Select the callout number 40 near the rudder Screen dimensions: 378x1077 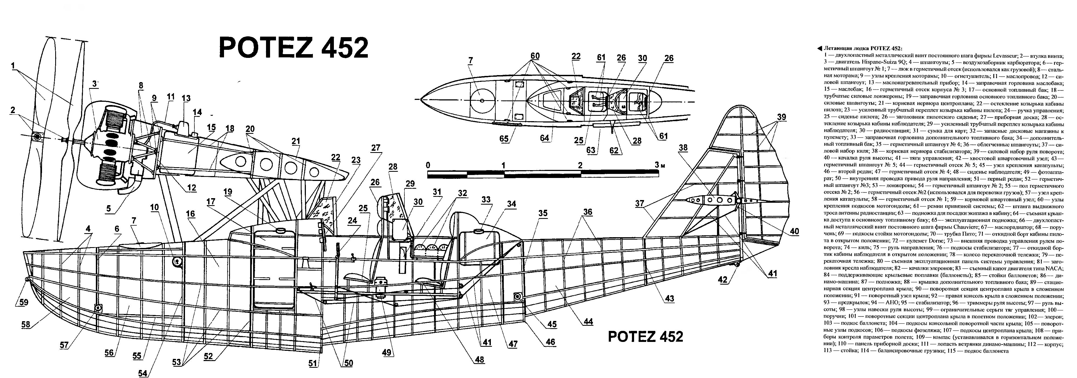(x=794, y=231)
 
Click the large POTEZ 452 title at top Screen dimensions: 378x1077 (x=293, y=48)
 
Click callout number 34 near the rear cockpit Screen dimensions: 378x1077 (x=511, y=204)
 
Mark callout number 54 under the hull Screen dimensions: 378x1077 (x=143, y=373)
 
